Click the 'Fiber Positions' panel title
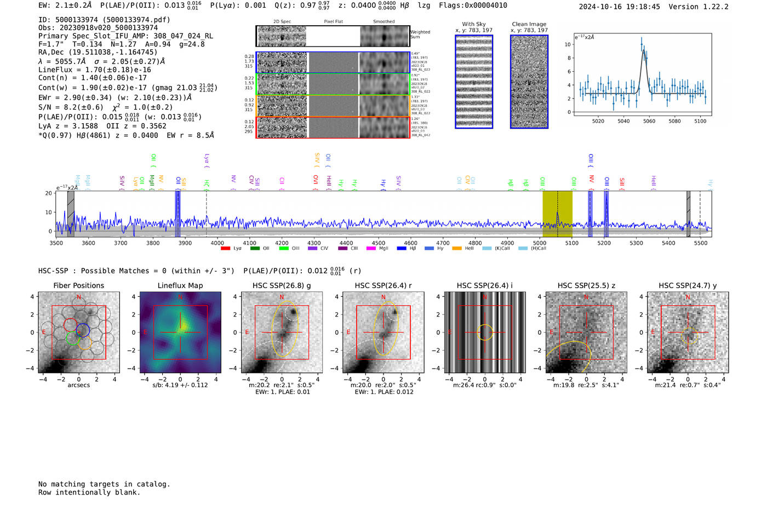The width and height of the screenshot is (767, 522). pos(78,285)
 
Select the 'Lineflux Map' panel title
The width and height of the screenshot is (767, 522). pos(180,285)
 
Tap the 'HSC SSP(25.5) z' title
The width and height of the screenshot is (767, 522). pos(586,285)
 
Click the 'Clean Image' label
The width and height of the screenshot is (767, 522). pos(529,24)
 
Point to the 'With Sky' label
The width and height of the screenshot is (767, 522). pos(474,24)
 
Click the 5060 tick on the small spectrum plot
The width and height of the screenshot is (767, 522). pos(649,121)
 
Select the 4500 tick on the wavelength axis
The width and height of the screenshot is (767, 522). pos(379,243)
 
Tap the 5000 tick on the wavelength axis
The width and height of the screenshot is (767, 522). pos(540,243)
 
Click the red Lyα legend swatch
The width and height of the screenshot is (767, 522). pos(225,249)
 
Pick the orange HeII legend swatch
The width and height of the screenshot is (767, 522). pos(456,249)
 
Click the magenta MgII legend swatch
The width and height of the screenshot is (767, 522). pos(370,249)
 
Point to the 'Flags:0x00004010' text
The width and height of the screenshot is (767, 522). pos(473,5)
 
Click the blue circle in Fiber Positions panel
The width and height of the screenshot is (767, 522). pos(83,330)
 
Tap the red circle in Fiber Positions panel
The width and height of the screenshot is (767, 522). pos(71,324)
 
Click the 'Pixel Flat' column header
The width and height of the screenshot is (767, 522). pos(333,21)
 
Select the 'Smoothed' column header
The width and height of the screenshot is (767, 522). pos(383,21)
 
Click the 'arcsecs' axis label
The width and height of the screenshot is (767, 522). pos(78,385)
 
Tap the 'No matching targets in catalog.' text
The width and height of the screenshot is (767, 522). pos(104,484)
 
